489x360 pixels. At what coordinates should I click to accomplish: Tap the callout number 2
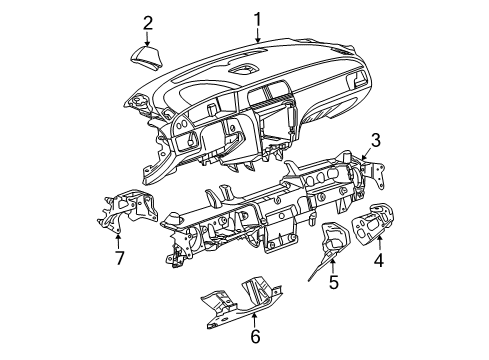(x=147, y=22)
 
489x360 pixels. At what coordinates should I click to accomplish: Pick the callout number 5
(x=334, y=283)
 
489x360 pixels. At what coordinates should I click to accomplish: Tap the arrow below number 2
(x=147, y=40)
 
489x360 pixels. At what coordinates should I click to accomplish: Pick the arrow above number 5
(x=334, y=265)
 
